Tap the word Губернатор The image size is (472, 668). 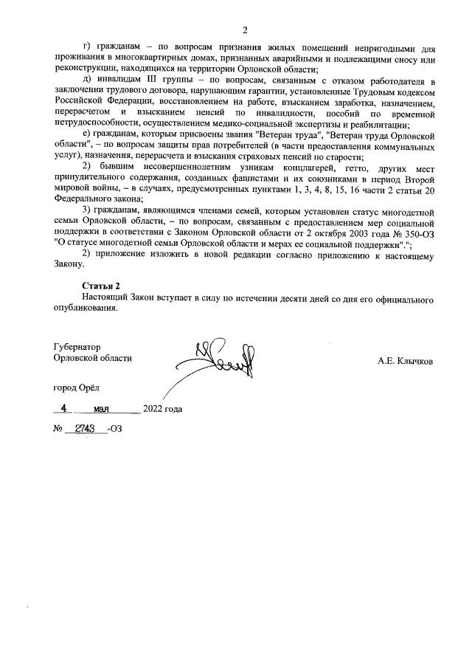77,346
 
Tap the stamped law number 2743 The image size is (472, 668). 83,428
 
